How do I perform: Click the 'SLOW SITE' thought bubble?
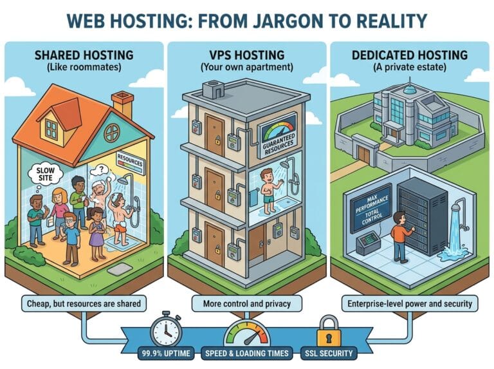point(46,174)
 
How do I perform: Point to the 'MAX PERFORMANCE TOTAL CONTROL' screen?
point(370,208)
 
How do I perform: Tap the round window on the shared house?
point(112,133)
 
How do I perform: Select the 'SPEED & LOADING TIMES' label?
point(247,353)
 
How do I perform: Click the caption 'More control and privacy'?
point(247,304)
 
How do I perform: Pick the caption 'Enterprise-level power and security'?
point(410,304)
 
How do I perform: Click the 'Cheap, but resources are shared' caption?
point(84,304)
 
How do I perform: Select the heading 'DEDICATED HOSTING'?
point(410,55)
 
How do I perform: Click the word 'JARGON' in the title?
point(270,21)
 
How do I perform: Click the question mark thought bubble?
point(100,170)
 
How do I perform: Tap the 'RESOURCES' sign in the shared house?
point(130,162)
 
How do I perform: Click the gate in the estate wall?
point(365,154)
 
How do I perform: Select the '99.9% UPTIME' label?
point(166,353)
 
